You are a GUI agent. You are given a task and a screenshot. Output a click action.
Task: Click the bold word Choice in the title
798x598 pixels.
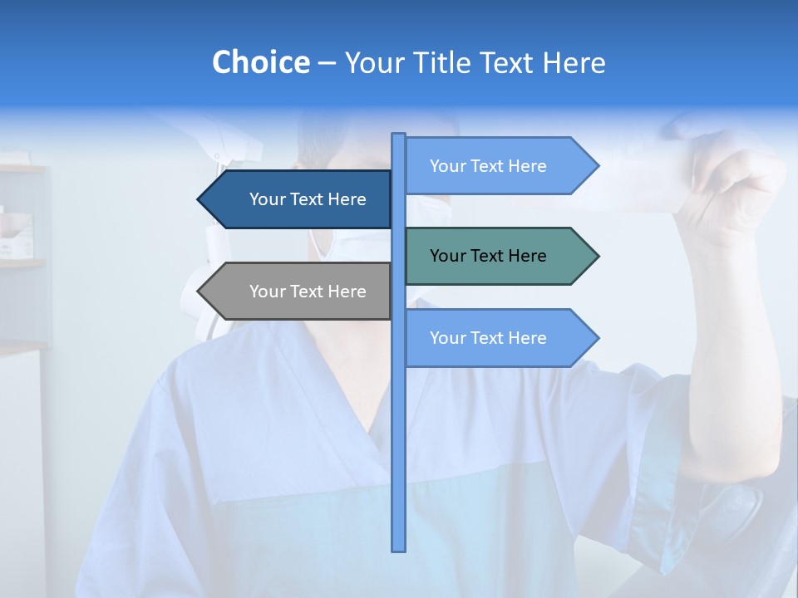(260, 62)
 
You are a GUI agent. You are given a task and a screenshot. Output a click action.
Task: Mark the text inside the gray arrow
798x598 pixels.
(308, 292)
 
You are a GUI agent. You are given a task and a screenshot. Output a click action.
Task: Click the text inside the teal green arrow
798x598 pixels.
(488, 256)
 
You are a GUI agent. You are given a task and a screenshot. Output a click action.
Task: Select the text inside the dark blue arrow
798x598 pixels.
(308, 199)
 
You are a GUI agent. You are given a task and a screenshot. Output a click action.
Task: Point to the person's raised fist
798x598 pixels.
(731, 183)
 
